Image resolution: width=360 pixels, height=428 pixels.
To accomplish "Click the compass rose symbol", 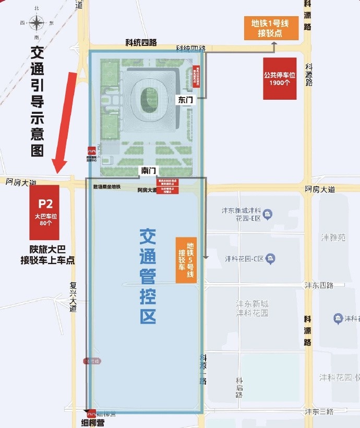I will (x=37, y=23).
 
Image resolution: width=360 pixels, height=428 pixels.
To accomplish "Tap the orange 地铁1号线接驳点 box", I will (x=271, y=29).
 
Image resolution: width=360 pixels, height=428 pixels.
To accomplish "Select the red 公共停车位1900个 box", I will (x=280, y=79).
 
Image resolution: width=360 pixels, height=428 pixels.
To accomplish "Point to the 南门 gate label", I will (x=148, y=171).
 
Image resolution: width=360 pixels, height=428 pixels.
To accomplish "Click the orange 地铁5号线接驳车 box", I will (x=186, y=260).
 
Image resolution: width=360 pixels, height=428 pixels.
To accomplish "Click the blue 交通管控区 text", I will (x=148, y=276).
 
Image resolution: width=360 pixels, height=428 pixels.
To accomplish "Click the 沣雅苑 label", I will (x=334, y=237).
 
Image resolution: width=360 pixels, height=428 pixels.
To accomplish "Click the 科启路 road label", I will (x=239, y=387).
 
